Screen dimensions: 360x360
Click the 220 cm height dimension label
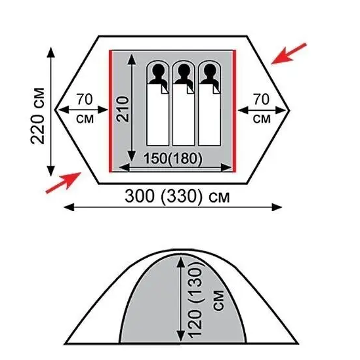(x=37, y=115)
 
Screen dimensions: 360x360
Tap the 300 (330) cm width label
(x=177, y=197)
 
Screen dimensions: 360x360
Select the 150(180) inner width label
(x=173, y=159)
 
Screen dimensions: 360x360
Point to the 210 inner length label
(x=123, y=109)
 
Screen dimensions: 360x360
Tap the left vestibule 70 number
(x=85, y=100)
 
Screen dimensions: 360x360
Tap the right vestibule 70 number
(x=261, y=100)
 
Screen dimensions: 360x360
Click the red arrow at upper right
(x=289, y=54)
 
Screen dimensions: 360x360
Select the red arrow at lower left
(x=64, y=183)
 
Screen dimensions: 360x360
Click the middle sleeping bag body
(x=184, y=115)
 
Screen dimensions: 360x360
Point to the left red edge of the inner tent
(x=110, y=111)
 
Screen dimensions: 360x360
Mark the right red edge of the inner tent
(x=234, y=111)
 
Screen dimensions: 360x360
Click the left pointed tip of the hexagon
(x=55, y=110)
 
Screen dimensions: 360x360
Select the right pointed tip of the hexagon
(x=290, y=111)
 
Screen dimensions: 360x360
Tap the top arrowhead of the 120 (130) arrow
(x=181, y=262)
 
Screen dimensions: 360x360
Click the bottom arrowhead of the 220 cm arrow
(x=51, y=170)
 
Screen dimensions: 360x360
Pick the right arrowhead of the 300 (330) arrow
(x=277, y=207)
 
